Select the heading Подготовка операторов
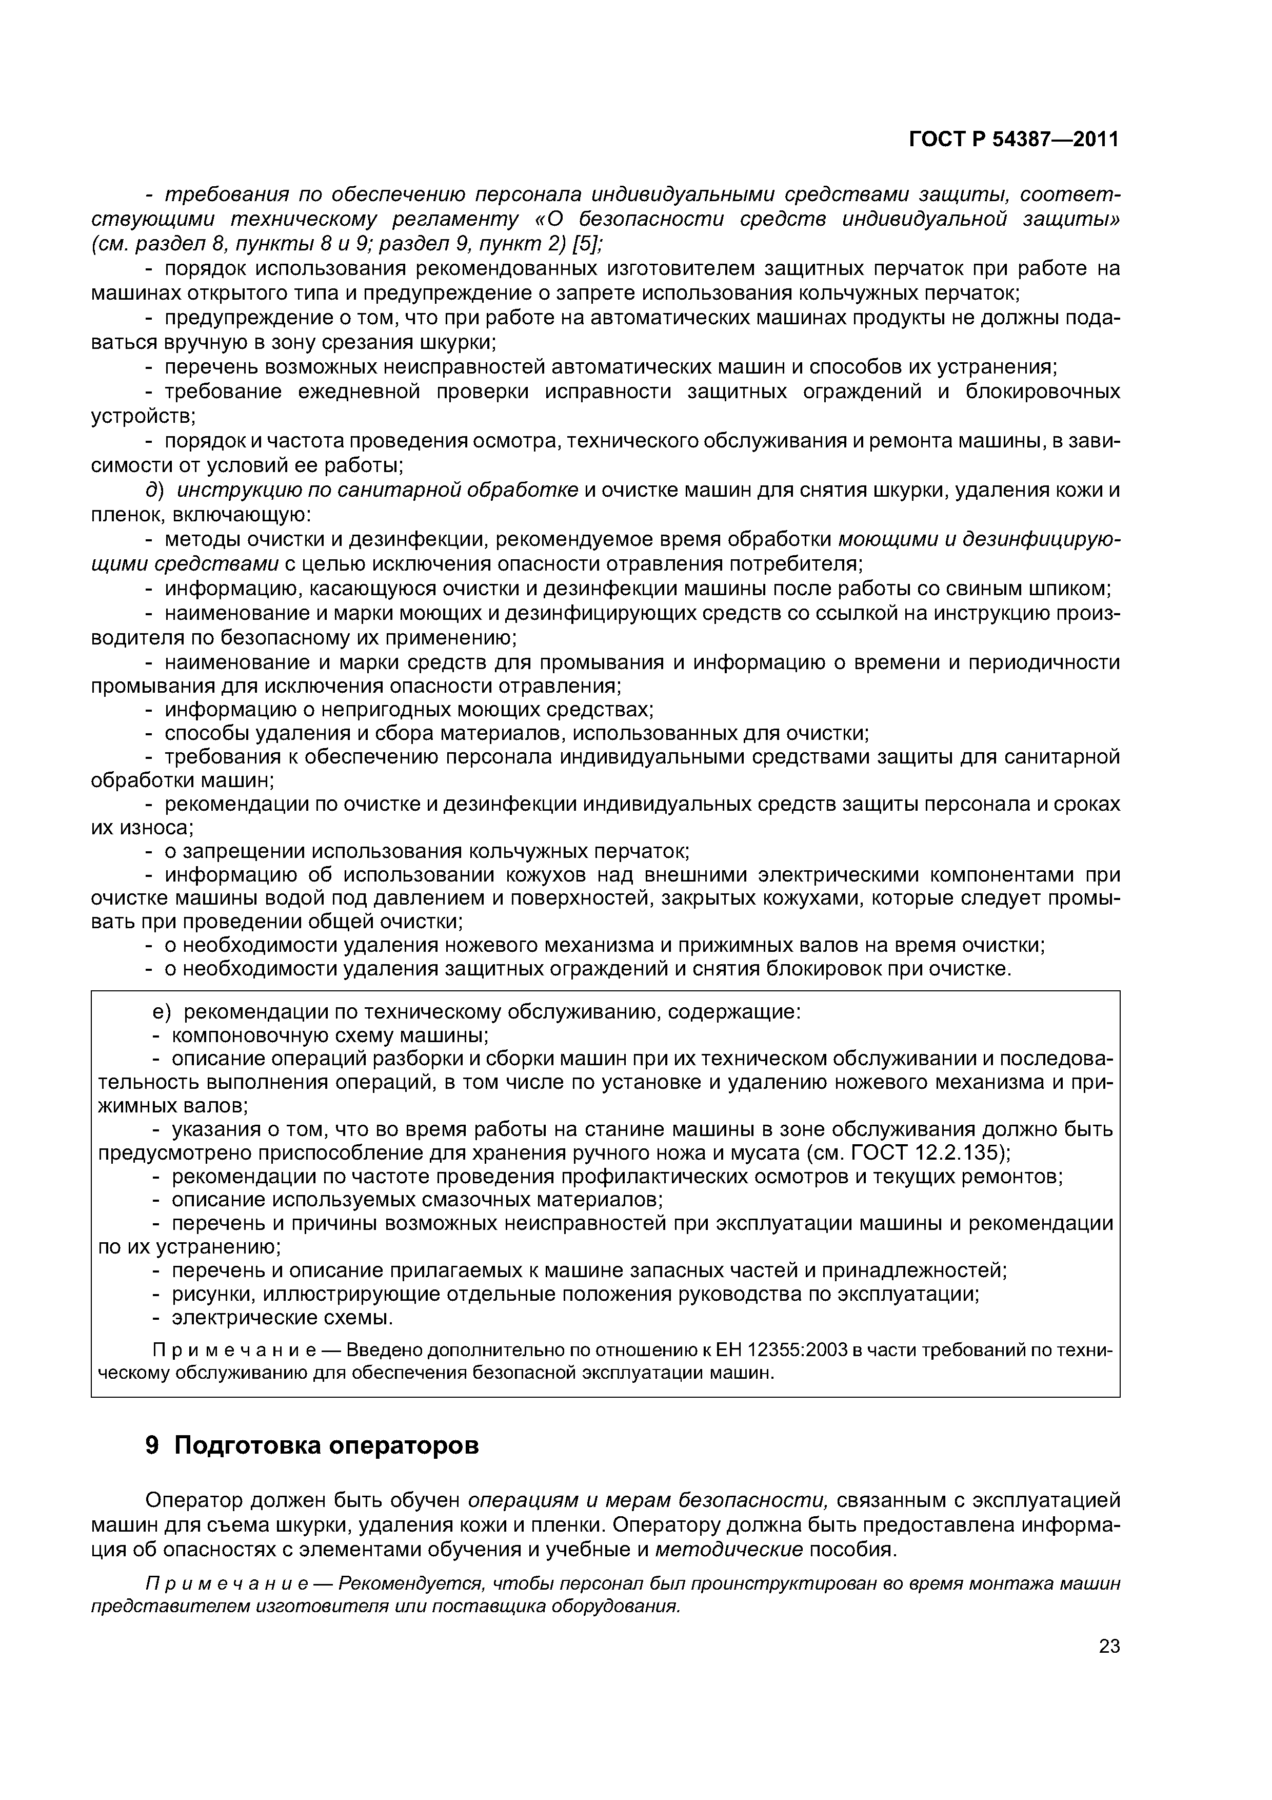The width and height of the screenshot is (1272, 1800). (326, 1445)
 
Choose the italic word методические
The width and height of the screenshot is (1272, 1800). (729, 1549)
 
